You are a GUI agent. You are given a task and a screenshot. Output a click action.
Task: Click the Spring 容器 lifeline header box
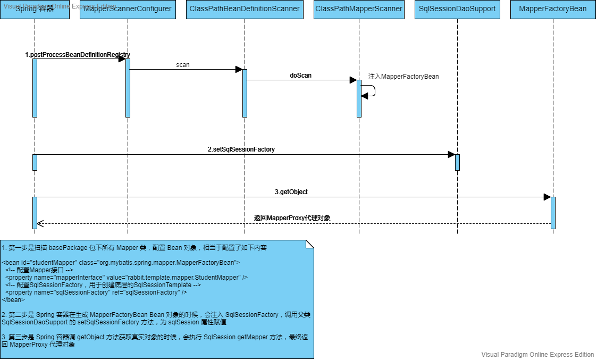pyautogui.click(x=35, y=9)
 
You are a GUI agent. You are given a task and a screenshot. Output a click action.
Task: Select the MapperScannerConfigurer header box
pyautogui.click(x=128, y=9)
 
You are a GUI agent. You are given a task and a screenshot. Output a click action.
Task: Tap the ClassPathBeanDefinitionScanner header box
pyautogui.click(x=245, y=9)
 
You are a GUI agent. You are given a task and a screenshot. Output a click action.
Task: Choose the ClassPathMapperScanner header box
pyautogui.click(x=359, y=9)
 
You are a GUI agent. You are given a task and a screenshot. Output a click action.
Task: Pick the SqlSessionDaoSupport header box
pyautogui.click(x=457, y=9)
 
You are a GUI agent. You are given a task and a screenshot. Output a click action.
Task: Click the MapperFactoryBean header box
pyautogui.click(x=553, y=9)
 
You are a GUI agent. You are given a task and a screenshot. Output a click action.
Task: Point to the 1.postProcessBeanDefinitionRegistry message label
pyautogui.click(x=78, y=55)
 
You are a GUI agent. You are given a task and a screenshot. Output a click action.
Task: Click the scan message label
pyautogui.click(x=183, y=65)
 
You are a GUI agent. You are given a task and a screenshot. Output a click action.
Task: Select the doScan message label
pyautogui.click(x=301, y=76)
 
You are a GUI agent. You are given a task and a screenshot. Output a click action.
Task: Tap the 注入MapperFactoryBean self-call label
pyautogui.click(x=403, y=77)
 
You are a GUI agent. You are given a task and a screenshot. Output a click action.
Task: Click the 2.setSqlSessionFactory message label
pyautogui.click(x=241, y=149)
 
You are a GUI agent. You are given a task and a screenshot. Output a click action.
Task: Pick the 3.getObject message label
pyautogui.click(x=291, y=192)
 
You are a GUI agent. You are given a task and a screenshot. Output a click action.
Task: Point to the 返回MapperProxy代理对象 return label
pyautogui.click(x=292, y=218)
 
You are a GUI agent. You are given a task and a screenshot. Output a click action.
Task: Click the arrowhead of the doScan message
pyautogui.click(x=353, y=80)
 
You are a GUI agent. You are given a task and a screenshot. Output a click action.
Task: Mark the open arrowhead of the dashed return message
pyautogui.click(x=40, y=223)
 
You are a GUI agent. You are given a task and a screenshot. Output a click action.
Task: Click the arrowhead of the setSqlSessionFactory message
pyautogui.click(x=451, y=155)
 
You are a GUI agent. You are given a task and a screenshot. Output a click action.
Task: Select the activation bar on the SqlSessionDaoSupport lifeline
pyautogui.click(x=457, y=162)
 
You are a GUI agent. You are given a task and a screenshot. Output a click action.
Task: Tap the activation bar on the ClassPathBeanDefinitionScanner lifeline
pyautogui.click(x=245, y=93)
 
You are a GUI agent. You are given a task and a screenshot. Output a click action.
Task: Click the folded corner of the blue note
pyautogui.click(x=309, y=244)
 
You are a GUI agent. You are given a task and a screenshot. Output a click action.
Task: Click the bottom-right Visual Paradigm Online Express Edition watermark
pyautogui.click(x=537, y=355)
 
